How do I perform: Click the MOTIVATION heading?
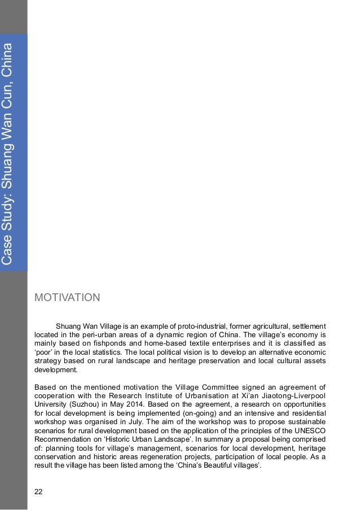(67, 297)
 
